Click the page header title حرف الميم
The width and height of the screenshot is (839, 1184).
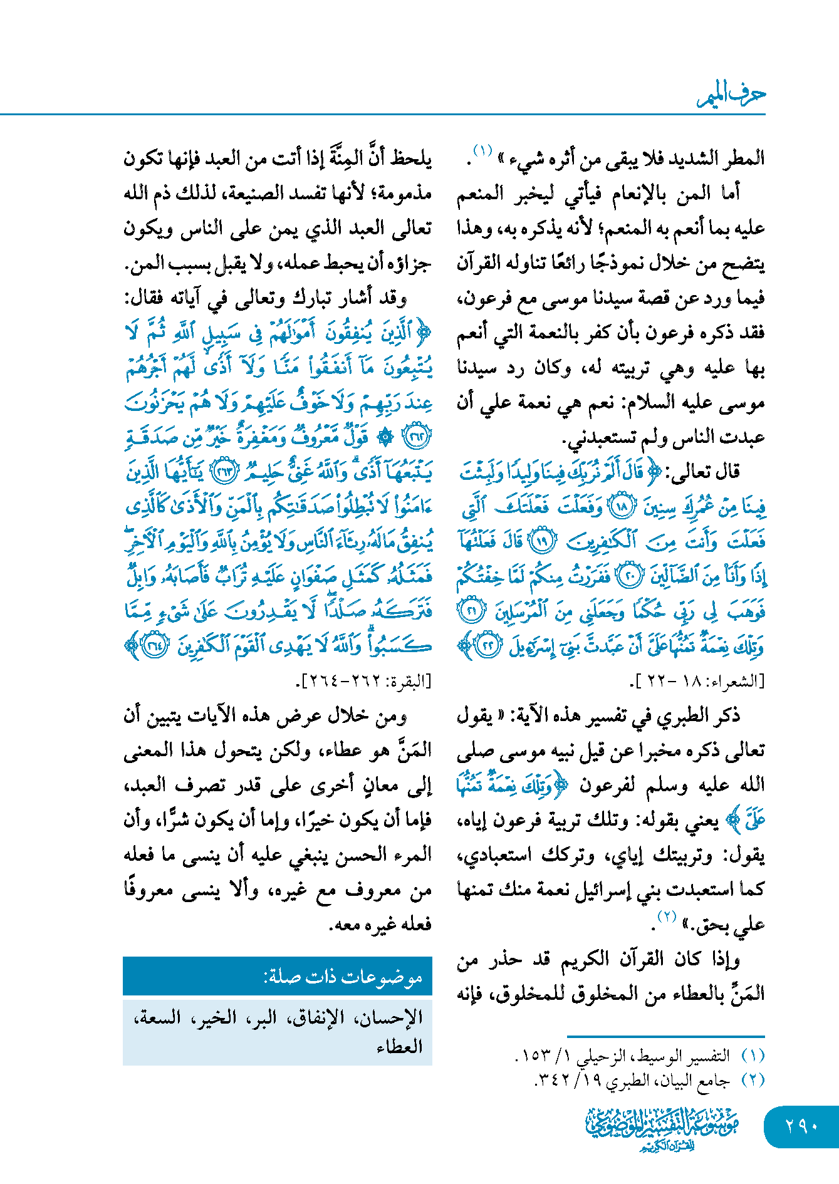[x=731, y=95]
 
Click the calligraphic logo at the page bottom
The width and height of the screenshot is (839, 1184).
[x=662, y=1128]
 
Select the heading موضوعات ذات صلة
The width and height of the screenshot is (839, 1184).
[x=343, y=977]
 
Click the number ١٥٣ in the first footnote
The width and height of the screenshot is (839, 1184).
[x=532, y=1056]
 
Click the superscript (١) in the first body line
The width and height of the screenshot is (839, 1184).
[x=482, y=150]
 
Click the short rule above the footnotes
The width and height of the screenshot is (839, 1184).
[x=665, y=1037]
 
